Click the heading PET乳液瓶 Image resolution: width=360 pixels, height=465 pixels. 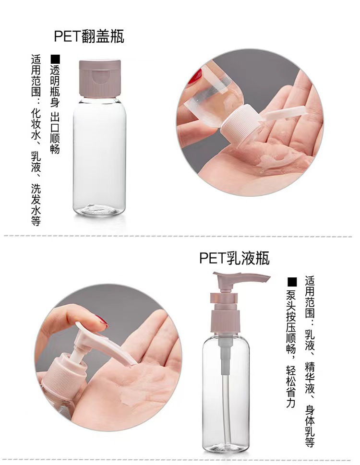(234, 258)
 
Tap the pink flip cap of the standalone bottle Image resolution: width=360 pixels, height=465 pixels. (99, 78)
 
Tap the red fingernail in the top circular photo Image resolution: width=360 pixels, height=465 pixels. (195, 76)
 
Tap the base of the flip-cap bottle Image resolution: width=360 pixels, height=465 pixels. (99, 209)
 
